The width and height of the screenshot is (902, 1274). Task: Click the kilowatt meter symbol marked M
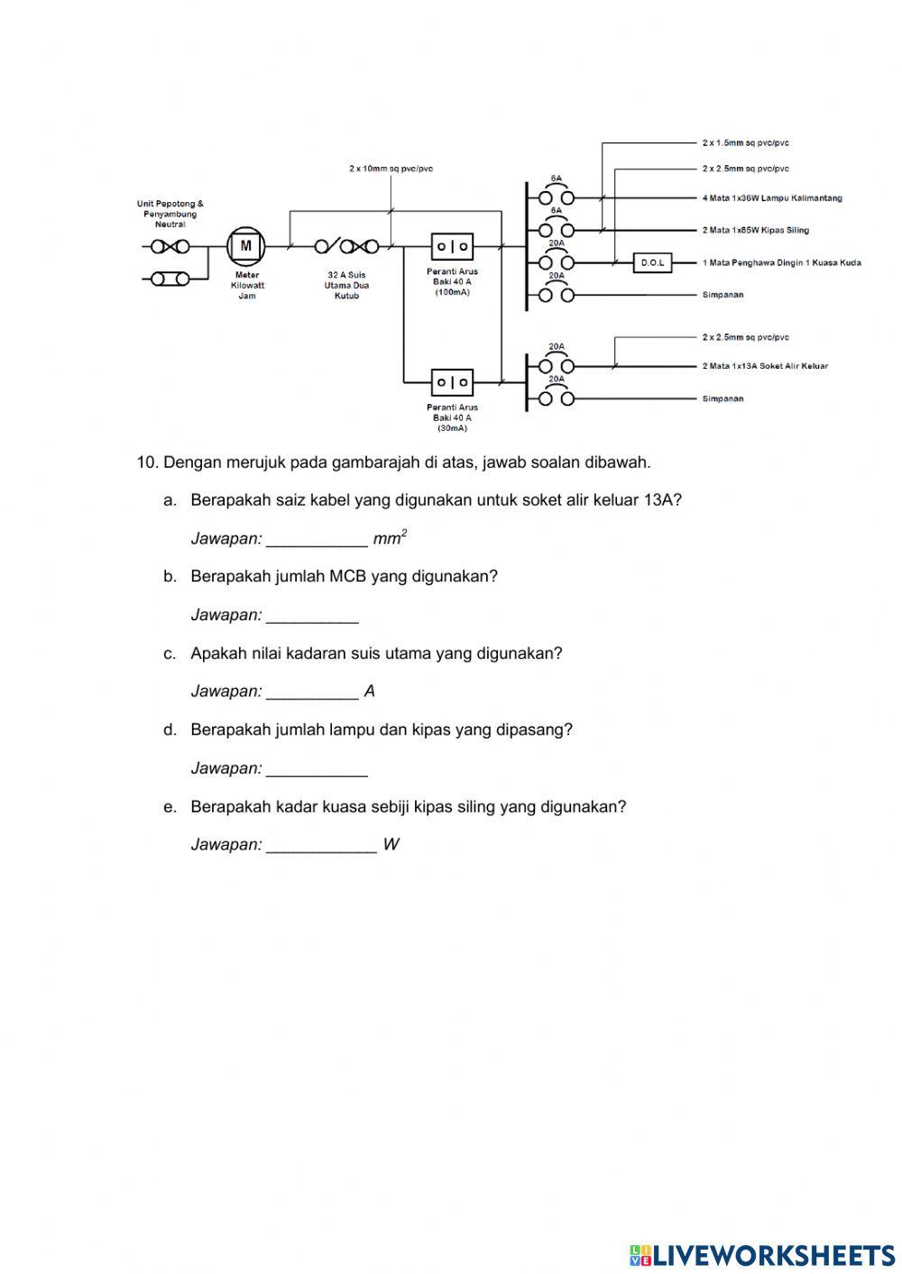pos(245,245)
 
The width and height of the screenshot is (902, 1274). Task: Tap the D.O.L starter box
pos(652,263)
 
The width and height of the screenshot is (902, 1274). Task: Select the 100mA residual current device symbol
pos(452,245)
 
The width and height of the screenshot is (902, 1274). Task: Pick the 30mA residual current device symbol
pos(452,382)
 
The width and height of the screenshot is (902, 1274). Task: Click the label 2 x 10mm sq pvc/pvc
pos(391,169)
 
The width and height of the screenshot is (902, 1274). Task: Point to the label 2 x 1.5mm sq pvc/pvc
pos(746,143)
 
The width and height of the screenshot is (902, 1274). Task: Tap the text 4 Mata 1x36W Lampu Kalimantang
pos(772,198)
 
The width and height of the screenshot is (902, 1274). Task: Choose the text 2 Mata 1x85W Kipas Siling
pos(756,231)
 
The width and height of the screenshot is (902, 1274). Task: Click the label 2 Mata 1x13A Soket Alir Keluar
pos(765,366)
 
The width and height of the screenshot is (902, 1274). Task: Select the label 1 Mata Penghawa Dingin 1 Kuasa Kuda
pos(781,263)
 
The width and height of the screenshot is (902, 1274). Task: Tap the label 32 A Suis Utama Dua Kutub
pos(346,285)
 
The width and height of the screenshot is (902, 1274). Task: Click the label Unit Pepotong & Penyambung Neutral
pos(170,214)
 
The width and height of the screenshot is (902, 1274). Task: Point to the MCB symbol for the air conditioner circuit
pos(556,262)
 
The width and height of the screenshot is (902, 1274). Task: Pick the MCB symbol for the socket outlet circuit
pos(556,366)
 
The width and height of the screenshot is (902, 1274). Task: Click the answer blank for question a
pos(317,539)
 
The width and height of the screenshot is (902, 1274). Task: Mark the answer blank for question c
pos(312,692)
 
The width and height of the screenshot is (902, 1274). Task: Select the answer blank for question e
pos(321,845)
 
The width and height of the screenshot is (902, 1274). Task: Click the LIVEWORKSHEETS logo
pos(762,1254)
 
